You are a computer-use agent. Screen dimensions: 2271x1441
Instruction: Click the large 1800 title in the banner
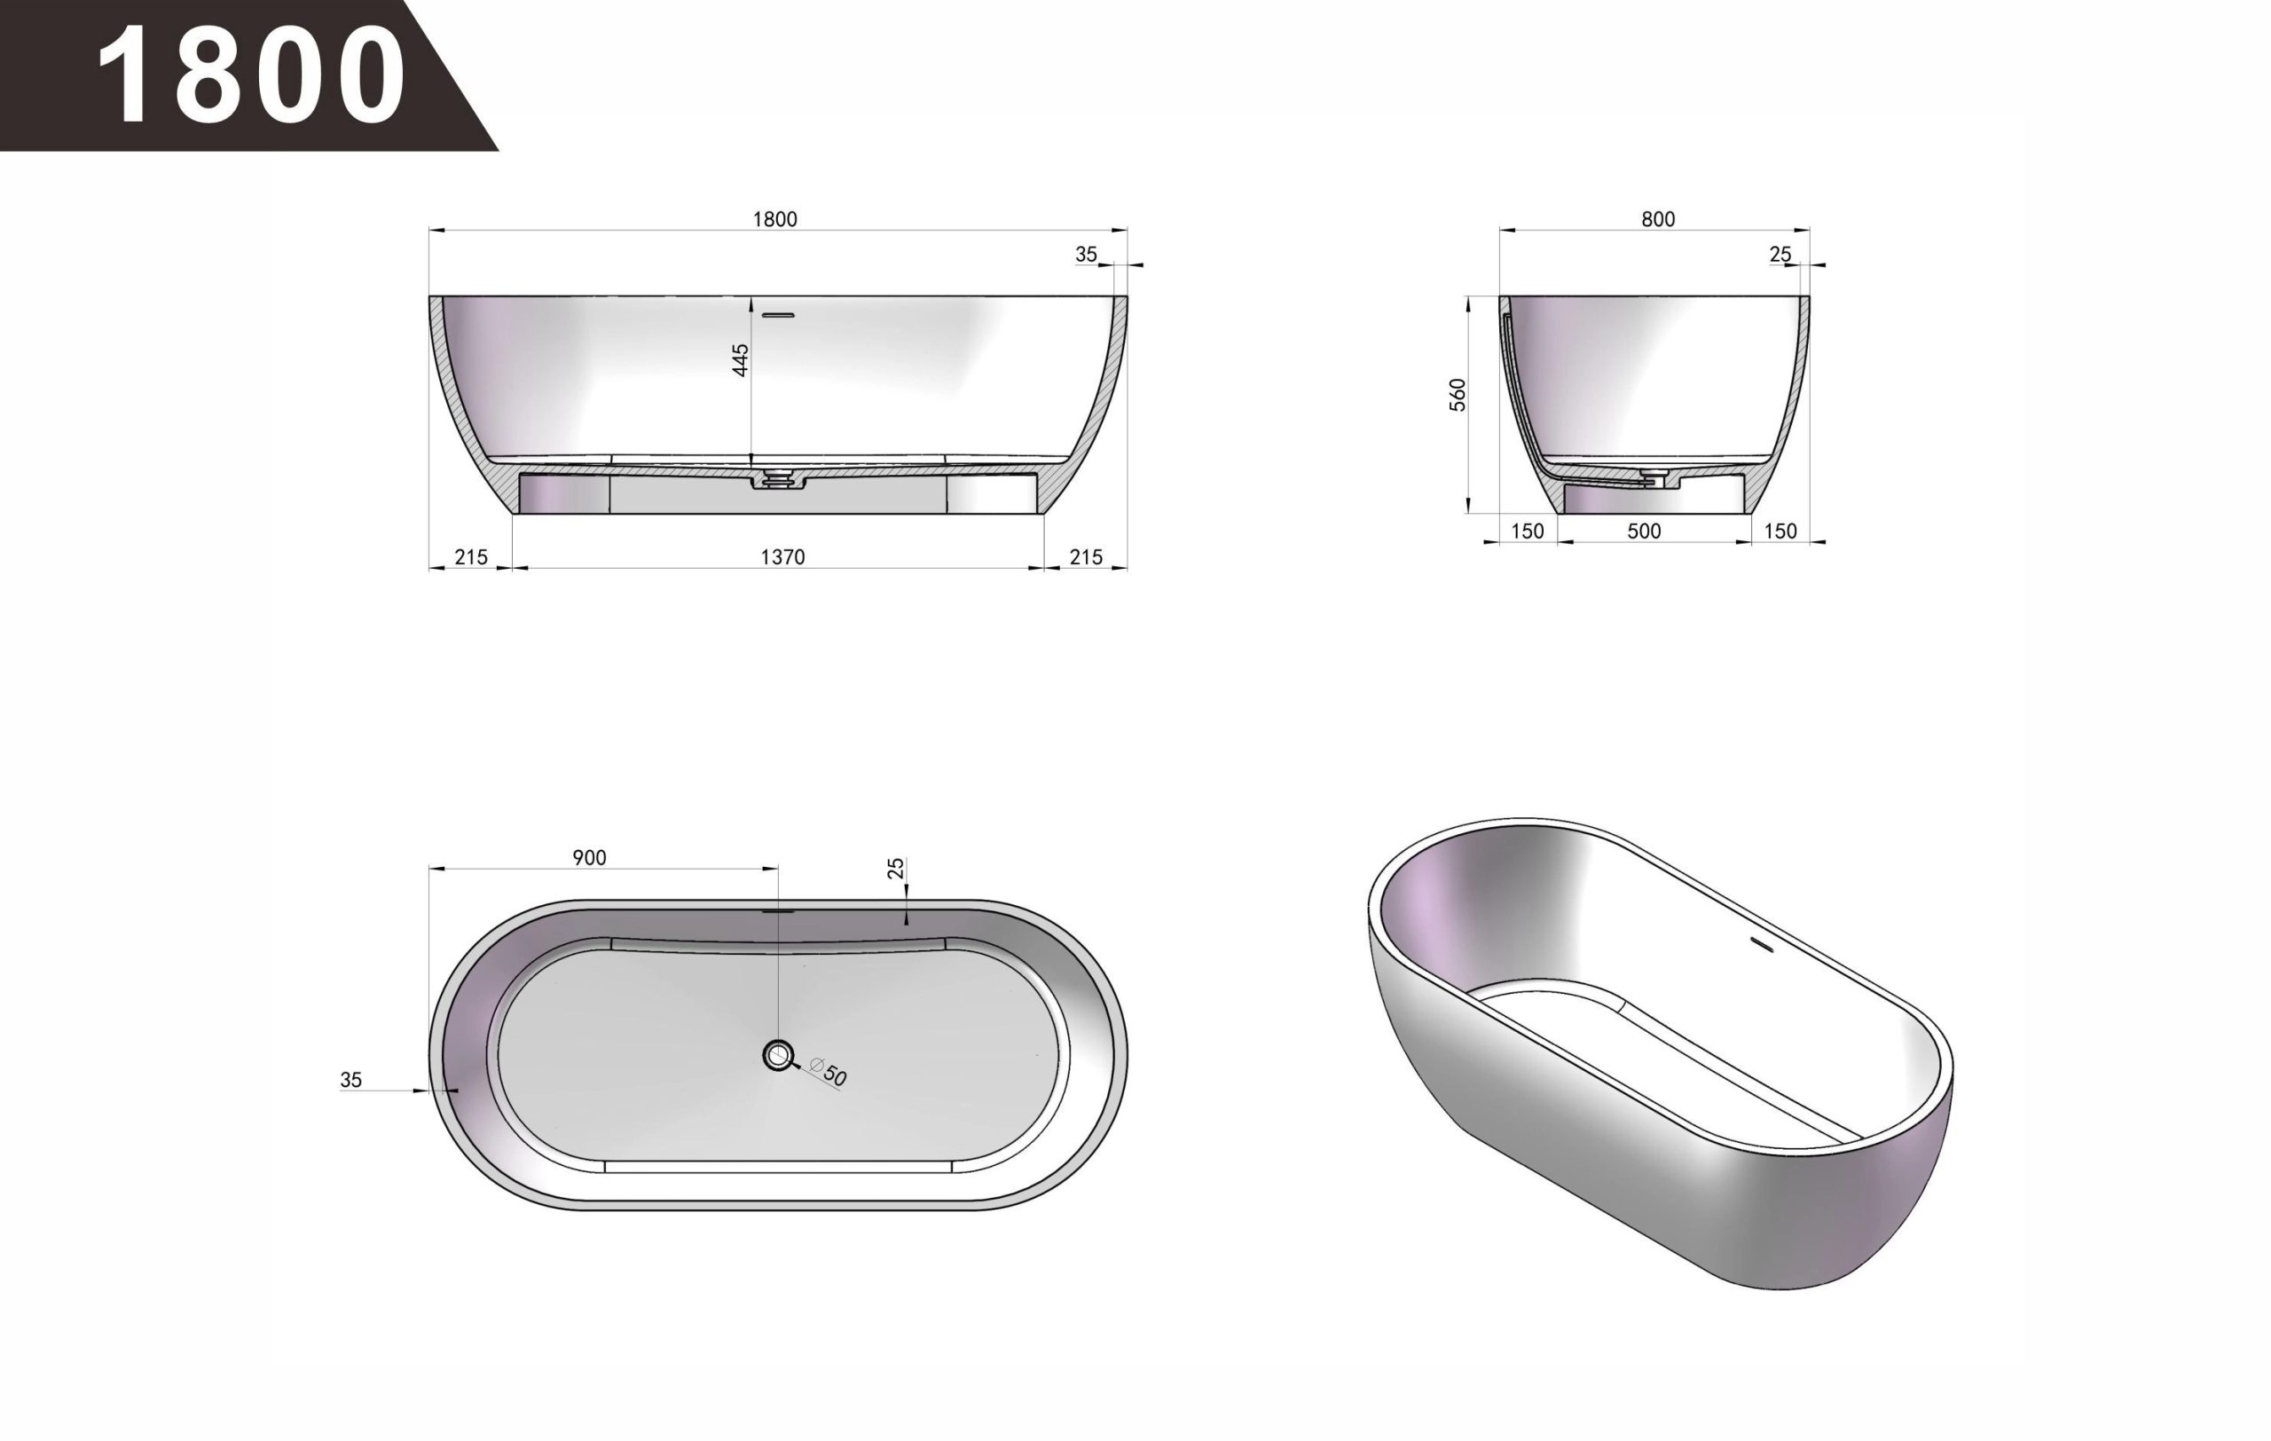coord(252,75)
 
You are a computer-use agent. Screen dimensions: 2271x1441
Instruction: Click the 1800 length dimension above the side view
coord(774,220)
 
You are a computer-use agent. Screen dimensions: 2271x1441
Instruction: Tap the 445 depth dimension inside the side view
coord(742,359)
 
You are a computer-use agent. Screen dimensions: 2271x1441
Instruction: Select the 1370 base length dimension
coord(782,557)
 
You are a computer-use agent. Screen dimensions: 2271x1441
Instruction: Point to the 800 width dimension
coord(1658,220)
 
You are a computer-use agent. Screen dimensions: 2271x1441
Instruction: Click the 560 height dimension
coord(1458,394)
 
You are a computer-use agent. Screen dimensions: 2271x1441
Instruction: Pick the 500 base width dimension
coord(1644,531)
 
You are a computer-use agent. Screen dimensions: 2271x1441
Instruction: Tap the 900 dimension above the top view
coord(589,858)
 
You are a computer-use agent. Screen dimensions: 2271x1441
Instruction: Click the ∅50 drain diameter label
coord(829,1072)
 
